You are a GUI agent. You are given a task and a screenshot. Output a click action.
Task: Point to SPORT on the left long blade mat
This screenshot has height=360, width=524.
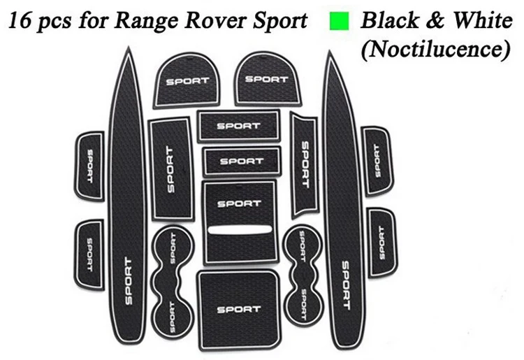127,280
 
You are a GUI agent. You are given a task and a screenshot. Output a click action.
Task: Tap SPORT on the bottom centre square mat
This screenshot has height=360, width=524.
238,308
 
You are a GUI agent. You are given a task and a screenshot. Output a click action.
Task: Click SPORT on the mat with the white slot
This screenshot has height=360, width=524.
239,203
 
